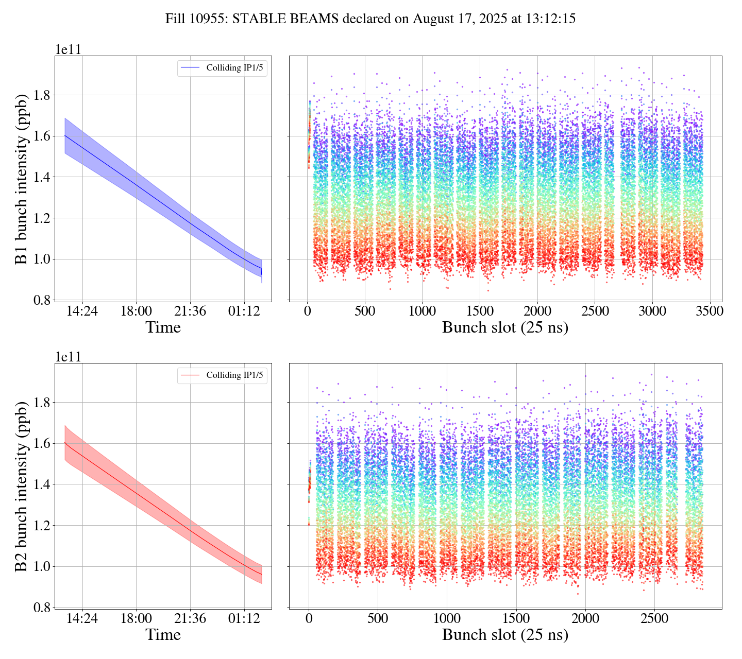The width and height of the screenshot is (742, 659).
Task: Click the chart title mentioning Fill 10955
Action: point(370,20)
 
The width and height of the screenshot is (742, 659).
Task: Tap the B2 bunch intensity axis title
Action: point(22,486)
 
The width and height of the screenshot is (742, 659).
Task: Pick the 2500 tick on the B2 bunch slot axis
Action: point(654,619)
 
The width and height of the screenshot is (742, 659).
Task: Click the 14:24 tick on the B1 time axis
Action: point(82,312)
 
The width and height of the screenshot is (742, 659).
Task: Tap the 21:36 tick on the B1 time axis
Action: point(190,312)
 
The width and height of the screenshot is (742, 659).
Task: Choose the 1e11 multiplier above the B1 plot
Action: point(68,50)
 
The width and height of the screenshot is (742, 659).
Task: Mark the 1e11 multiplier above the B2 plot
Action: point(68,357)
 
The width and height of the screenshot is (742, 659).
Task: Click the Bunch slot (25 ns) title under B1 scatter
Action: point(505,327)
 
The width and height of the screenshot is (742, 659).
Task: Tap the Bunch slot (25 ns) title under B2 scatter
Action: point(505,635)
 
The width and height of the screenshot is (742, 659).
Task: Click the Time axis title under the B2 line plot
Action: point(163,635)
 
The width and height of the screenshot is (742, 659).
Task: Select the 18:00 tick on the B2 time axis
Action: point(136,619)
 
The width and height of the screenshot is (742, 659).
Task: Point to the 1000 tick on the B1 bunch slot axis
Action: point(422,312)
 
